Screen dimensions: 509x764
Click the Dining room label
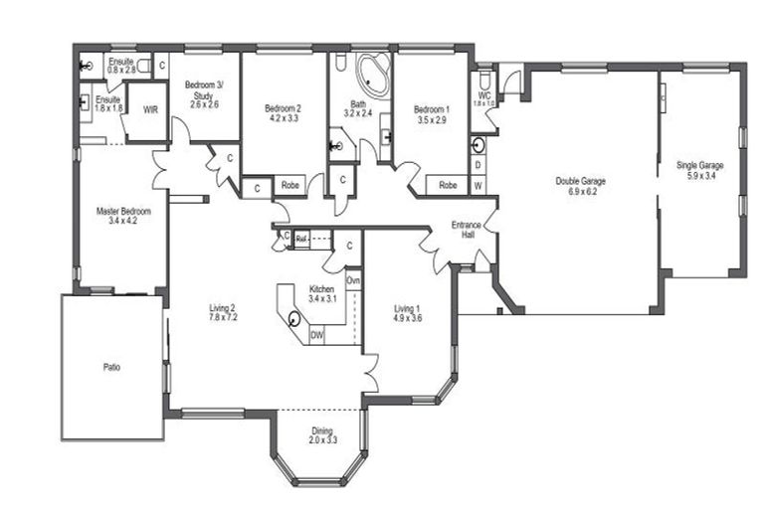322,434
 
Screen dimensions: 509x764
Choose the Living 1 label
408,313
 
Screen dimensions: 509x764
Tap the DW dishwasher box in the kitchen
316,336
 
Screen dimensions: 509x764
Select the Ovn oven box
353,281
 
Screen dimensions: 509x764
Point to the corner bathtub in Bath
375,73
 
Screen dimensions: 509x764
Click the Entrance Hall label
466,230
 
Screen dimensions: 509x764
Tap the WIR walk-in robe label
151,111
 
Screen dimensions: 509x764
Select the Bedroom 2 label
282,112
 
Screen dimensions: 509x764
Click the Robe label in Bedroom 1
448,185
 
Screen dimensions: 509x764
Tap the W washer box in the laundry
478,186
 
